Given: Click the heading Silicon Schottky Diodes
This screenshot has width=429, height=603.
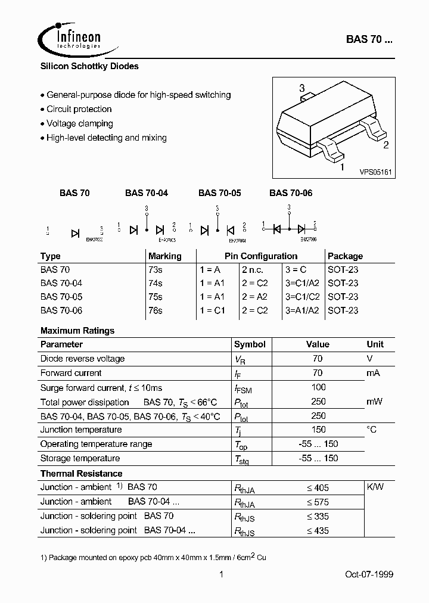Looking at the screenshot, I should [89, 66].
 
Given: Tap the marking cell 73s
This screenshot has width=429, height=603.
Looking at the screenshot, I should [155, 269].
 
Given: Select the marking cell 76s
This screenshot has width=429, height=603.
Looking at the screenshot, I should [155, 310].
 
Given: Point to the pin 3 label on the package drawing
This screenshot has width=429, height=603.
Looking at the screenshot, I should [302, 88].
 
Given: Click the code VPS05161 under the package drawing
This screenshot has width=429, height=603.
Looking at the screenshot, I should [374, 172].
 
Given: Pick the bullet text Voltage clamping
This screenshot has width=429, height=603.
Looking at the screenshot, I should [79, 123].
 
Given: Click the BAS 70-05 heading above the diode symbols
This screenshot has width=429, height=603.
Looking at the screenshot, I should [219, 192].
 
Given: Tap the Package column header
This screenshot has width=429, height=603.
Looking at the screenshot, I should [345, 256].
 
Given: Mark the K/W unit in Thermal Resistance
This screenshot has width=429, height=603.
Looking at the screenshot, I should [375, 487].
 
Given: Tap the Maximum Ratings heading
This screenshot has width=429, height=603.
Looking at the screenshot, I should [77, 330].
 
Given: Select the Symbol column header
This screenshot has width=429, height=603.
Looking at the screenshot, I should [250, 344].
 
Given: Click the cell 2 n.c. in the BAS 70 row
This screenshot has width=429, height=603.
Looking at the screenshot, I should [255, 269].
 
